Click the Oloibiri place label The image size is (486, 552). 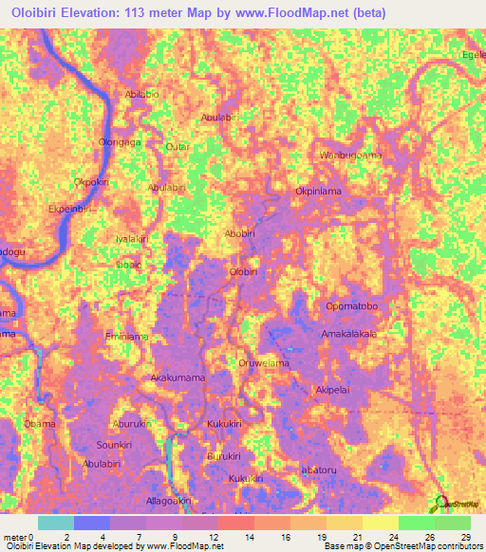243,272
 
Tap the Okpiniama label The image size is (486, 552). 318,191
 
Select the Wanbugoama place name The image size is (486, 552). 350,155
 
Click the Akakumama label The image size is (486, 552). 178,377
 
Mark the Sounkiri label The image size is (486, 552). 113,444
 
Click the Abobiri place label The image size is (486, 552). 239,233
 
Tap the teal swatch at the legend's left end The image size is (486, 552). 55,523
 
